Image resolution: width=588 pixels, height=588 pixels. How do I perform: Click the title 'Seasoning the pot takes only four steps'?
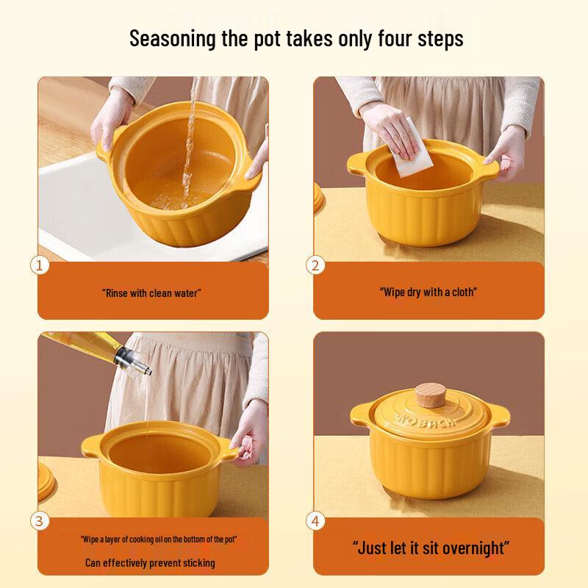[296, 39]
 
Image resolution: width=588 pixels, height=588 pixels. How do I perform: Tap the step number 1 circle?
[40, 265]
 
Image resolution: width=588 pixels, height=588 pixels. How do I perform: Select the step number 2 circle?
[316, 265]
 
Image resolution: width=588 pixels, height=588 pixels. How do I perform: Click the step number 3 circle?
[40, 521]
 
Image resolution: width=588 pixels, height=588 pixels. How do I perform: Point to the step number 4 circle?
[316, 521]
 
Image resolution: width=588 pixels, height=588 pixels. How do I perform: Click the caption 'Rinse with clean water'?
[151, 293]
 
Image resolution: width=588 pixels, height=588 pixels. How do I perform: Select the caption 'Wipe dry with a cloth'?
[428, 292]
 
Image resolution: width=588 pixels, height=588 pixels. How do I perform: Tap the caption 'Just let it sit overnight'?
[431, 548]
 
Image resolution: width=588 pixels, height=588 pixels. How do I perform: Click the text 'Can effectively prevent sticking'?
[150, 563]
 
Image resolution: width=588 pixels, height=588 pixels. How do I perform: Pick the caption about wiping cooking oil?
[158, 539]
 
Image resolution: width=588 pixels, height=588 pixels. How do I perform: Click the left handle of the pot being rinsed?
[104, 146]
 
